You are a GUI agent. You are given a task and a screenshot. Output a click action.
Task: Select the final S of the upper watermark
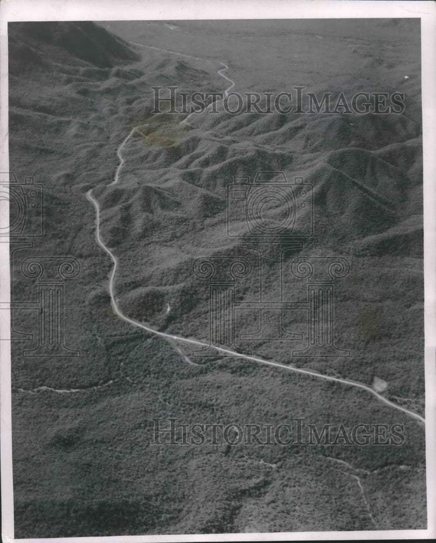coord(399,103)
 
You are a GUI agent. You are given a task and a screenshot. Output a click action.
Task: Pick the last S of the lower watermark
coord(399,435)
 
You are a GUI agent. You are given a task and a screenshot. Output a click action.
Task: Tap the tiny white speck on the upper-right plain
coord(406,78)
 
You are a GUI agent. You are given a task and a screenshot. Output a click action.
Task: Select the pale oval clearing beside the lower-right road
coord(380,384)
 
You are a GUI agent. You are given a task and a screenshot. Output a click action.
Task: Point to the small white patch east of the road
coord(168,308)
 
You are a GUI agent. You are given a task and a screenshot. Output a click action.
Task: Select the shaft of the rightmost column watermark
coord(320,315)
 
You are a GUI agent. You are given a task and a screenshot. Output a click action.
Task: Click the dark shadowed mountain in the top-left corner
coord(76,43)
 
